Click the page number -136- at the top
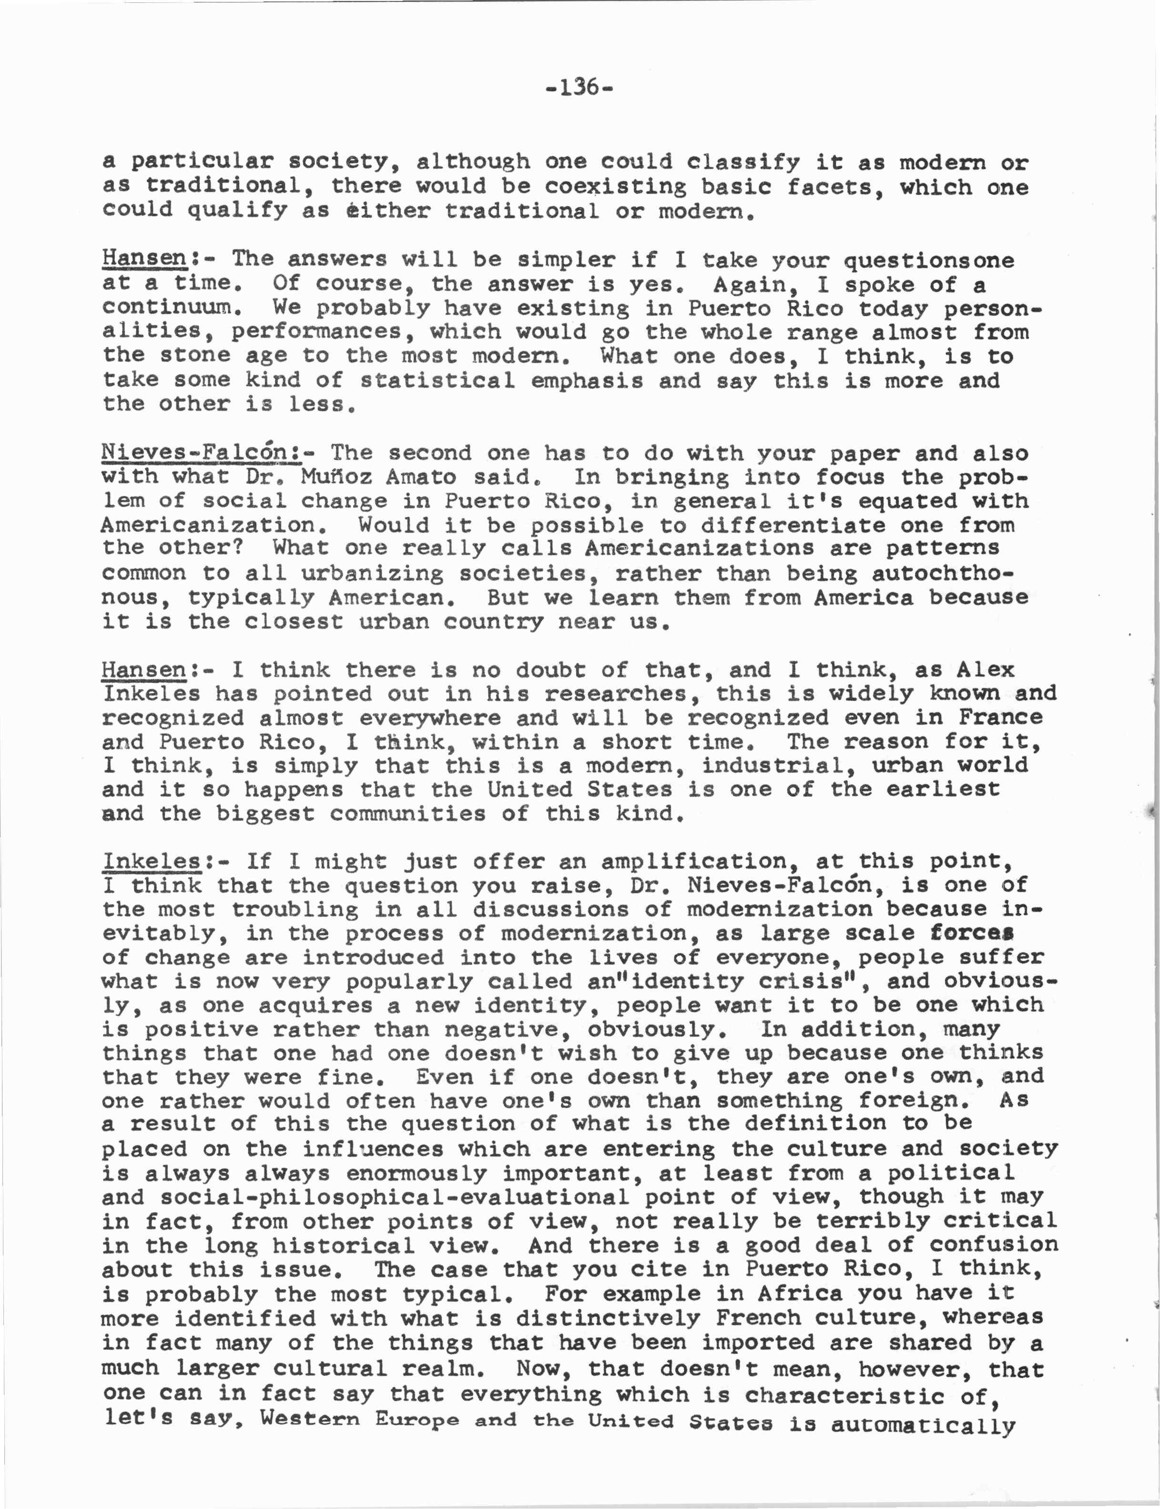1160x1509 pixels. click(x=580, y=88)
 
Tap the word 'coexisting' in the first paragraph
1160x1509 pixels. click(x=615, y=186)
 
